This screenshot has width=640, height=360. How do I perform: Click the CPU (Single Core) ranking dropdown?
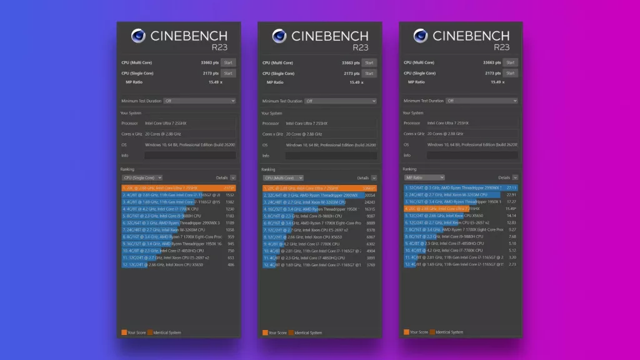[x=142, y=178]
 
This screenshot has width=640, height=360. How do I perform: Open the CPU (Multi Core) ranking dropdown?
[x=283, y=178]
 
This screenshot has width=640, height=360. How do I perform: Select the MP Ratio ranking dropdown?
[x=424, y=177]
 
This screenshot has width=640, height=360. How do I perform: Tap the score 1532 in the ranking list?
[x=230, y=195]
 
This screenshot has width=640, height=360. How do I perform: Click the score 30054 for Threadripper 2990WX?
[x=370, y=195]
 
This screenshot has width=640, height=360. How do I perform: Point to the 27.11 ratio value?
[x=511, y=187]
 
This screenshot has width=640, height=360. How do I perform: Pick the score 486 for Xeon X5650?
[x=231, y=264]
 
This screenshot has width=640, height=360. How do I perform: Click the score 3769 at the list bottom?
[x=371, y=264]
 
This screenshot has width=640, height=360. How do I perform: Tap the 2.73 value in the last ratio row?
[x=512, y=264]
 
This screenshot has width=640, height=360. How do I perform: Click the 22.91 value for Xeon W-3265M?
[x=511, y=194]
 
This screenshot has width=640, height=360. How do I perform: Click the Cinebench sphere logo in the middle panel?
[x=279, y=36]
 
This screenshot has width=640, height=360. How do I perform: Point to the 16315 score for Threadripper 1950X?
[x=370, y=209]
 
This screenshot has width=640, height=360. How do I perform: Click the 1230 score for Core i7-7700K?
[x=230, y=209]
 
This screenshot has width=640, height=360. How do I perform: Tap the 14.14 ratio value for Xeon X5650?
[x=511, y=216]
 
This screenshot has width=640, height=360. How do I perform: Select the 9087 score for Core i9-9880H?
[x=371, y=216]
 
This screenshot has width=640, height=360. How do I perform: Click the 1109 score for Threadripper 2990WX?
[x=230, y=222]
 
